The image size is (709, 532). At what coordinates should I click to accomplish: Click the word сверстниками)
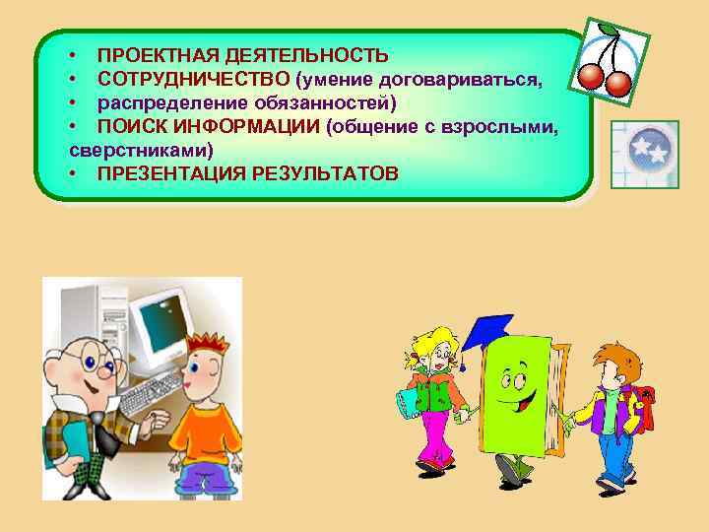click(x=142, y=150)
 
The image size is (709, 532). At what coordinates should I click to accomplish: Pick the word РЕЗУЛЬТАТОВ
click(x=326, y=173)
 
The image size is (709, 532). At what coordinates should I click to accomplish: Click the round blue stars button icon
click(x=645, y=149)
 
